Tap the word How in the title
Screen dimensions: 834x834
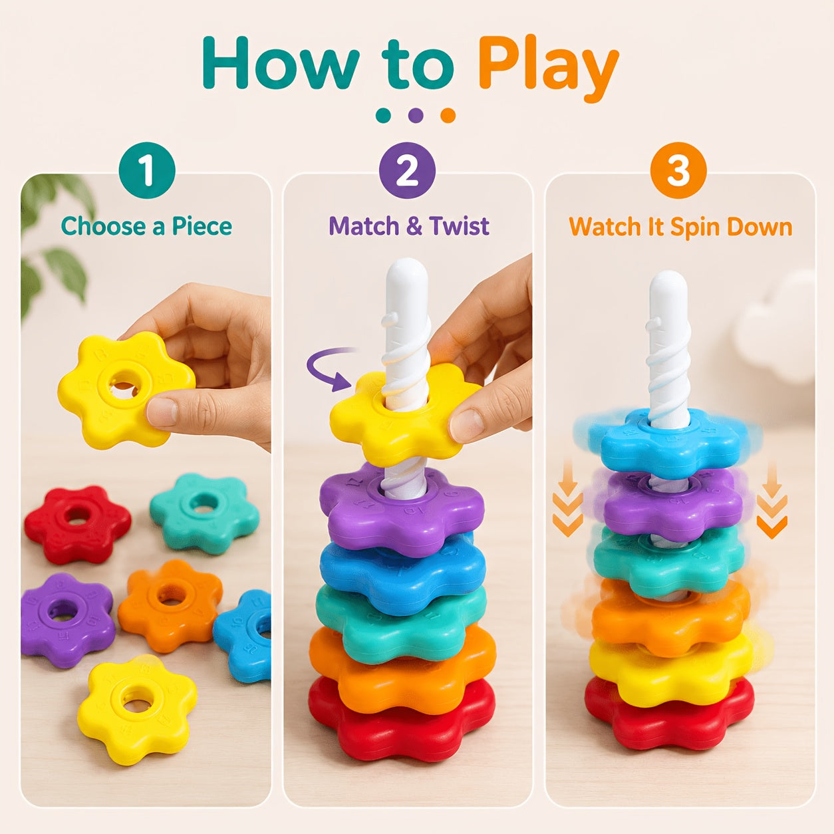[x=281, y=63]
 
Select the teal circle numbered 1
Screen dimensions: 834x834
[x=147, y=170]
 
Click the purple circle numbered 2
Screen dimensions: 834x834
[x=407, y=170]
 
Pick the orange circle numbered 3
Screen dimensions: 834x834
[x=678, y=170]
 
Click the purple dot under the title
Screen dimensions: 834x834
[x=416, y=115]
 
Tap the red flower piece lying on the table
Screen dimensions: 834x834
[x=77, y=524]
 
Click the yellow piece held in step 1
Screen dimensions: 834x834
[x=126, y=390]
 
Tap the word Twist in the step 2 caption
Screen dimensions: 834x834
[x=459, y=226]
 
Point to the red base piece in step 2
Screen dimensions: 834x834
[x=402, y=723]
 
